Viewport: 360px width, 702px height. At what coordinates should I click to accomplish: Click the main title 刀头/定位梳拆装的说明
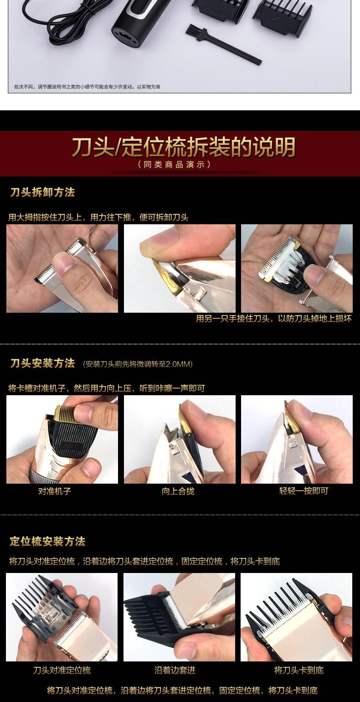pyautogui.click(x=183, y=147)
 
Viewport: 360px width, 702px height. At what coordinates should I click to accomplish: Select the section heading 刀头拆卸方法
pyautogui.click(x=42, y=192)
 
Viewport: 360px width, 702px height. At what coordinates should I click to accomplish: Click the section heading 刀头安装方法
pyautogui.click(x=42, y=363)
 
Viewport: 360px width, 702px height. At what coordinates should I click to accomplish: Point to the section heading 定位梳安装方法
pyautogui.click(x=47, y=542)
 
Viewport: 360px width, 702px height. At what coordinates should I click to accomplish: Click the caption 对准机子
pyautogui.click(x=54, y=491)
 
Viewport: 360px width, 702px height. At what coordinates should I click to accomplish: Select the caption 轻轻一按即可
pyautogui.click(x=303, y=491)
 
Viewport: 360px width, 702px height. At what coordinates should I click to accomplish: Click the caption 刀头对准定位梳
pyautogui.click(x=62, y=670)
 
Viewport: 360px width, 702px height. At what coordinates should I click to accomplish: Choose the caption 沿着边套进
pyautogui.click(x=175, y=670)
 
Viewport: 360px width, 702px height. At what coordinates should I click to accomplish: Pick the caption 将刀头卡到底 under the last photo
pyautogui.click(x=298, y=670)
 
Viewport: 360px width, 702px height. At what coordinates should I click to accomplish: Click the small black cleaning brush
pyautogui.click(x=223, y=45)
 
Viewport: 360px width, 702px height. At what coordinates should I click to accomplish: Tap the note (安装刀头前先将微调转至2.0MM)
pyautogui.click(x=138, y=364)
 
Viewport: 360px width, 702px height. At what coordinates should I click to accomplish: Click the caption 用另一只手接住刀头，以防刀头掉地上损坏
pyautogui.click(x=273, y=319)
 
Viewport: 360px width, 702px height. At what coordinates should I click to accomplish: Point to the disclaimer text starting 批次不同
pyautogui.click(x=87, y=87)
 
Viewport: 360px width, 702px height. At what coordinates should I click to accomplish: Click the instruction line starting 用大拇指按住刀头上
pyautogui.click(x=98, y=217)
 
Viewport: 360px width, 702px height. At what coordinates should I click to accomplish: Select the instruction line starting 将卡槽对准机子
pyautogui.click(x=106, y=388)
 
